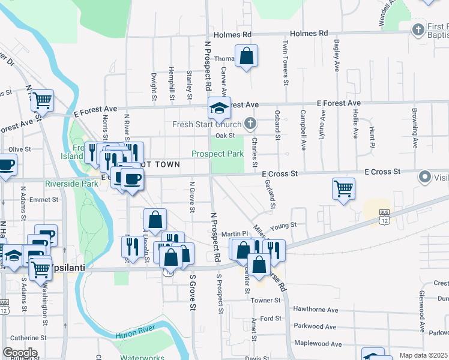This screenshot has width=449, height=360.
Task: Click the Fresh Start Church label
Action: (206, 125)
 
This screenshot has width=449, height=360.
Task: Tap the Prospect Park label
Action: (217, 154)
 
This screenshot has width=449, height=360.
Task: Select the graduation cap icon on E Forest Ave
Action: (219, 109)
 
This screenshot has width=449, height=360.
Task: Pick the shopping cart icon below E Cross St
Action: (343, 189)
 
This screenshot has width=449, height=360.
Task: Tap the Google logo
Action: (20, 353)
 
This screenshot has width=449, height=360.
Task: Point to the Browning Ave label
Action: (415, 122)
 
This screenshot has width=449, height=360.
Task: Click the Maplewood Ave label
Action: (318, 344)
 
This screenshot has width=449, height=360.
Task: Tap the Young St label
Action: (283, 226)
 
